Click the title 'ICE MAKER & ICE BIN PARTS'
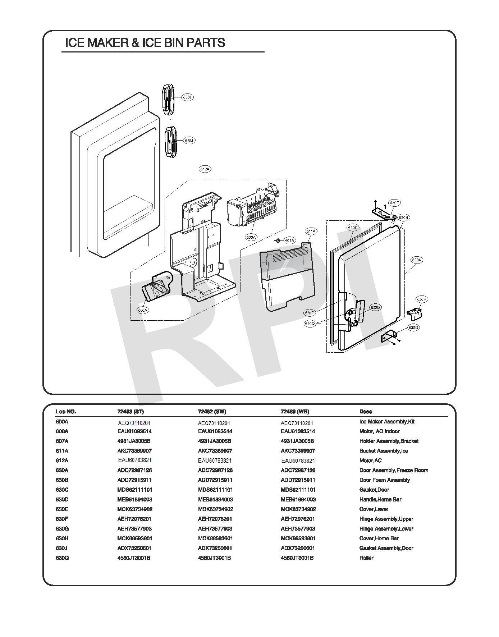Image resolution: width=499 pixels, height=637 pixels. pos(145,43)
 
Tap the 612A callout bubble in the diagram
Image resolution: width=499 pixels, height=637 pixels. pos(205,169)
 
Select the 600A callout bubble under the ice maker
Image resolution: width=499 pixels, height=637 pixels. pos(251,237)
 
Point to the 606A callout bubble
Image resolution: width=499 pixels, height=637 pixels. pos(143,310)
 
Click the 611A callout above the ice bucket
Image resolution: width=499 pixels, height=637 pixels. pos(311,232)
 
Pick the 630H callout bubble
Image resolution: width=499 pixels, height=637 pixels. pos(422,299)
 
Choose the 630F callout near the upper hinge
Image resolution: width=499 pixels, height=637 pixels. pos(394,203)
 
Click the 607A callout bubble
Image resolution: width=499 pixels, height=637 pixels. pos(289,240)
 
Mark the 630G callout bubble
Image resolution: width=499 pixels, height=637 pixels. pos(413,327)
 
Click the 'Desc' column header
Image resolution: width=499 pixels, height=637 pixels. pos(366,412)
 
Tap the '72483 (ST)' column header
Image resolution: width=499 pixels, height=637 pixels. pos(130,412)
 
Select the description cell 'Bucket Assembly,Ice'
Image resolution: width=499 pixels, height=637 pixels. pos(384,451)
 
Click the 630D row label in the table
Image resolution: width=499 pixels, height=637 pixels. pos(62,499)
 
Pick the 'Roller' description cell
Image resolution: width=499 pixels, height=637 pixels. pos(366,558)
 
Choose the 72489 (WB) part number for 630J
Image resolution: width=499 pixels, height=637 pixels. pos(298,548)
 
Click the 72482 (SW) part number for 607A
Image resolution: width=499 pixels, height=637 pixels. pos(215,441)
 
